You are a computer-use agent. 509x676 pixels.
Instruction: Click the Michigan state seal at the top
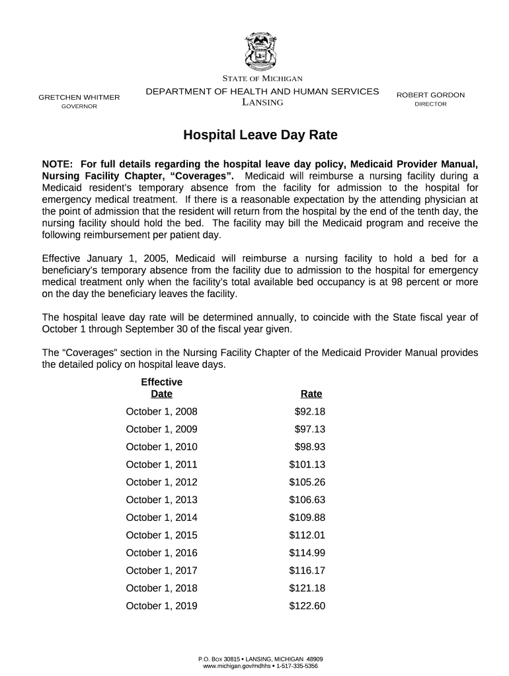tap(262, 50)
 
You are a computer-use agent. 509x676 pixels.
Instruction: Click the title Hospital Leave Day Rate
tap(260, 135)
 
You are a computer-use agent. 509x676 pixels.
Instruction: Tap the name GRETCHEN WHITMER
tap(79, 98)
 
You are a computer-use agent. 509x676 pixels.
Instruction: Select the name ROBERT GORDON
tap(430, 95)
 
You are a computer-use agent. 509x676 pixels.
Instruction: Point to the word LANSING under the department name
tap(262, 102)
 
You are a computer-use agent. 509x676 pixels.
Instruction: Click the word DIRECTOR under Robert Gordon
tap(430, 104)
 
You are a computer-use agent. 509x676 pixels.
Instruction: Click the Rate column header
tap(311, 394)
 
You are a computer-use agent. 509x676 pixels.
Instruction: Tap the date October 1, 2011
tap(161, 465)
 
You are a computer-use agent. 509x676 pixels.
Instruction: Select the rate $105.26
tap(307, 482)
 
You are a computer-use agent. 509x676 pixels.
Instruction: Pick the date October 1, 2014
tap(161, 518)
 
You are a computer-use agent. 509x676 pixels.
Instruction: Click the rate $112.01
tap(307, 535)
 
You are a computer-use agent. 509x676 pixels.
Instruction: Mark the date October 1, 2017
tap(161, 570)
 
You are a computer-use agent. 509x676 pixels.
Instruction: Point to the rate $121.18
tap(307, 588)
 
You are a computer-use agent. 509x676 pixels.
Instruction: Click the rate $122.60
tap(307, 606)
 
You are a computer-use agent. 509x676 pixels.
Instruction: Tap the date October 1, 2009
tap(161, 429)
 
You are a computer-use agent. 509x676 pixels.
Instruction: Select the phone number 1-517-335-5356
tap(297, 667)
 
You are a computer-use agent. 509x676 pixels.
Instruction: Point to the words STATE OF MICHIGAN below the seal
tap(262, 79)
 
